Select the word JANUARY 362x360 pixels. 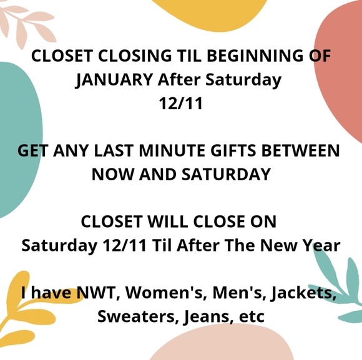tap(113, 80)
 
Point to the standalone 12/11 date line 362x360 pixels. tap(181, 104)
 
